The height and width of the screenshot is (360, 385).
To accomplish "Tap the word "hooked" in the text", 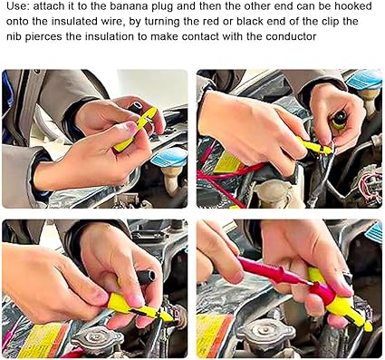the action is (x=352, y=6).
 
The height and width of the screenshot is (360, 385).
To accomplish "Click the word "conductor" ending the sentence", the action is (x=291, y=36).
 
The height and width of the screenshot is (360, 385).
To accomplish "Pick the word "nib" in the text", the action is (x=14, y=36).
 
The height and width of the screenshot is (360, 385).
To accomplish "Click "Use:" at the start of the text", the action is (x=18, y=6).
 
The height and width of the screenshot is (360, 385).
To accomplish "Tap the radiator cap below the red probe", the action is (x=266, y=333).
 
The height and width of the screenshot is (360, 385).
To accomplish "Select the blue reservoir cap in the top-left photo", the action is (x=169, y=158).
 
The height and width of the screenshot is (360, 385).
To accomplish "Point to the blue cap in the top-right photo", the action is (x=364, y=80).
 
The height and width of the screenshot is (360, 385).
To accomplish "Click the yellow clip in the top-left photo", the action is (x=137, y=129).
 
